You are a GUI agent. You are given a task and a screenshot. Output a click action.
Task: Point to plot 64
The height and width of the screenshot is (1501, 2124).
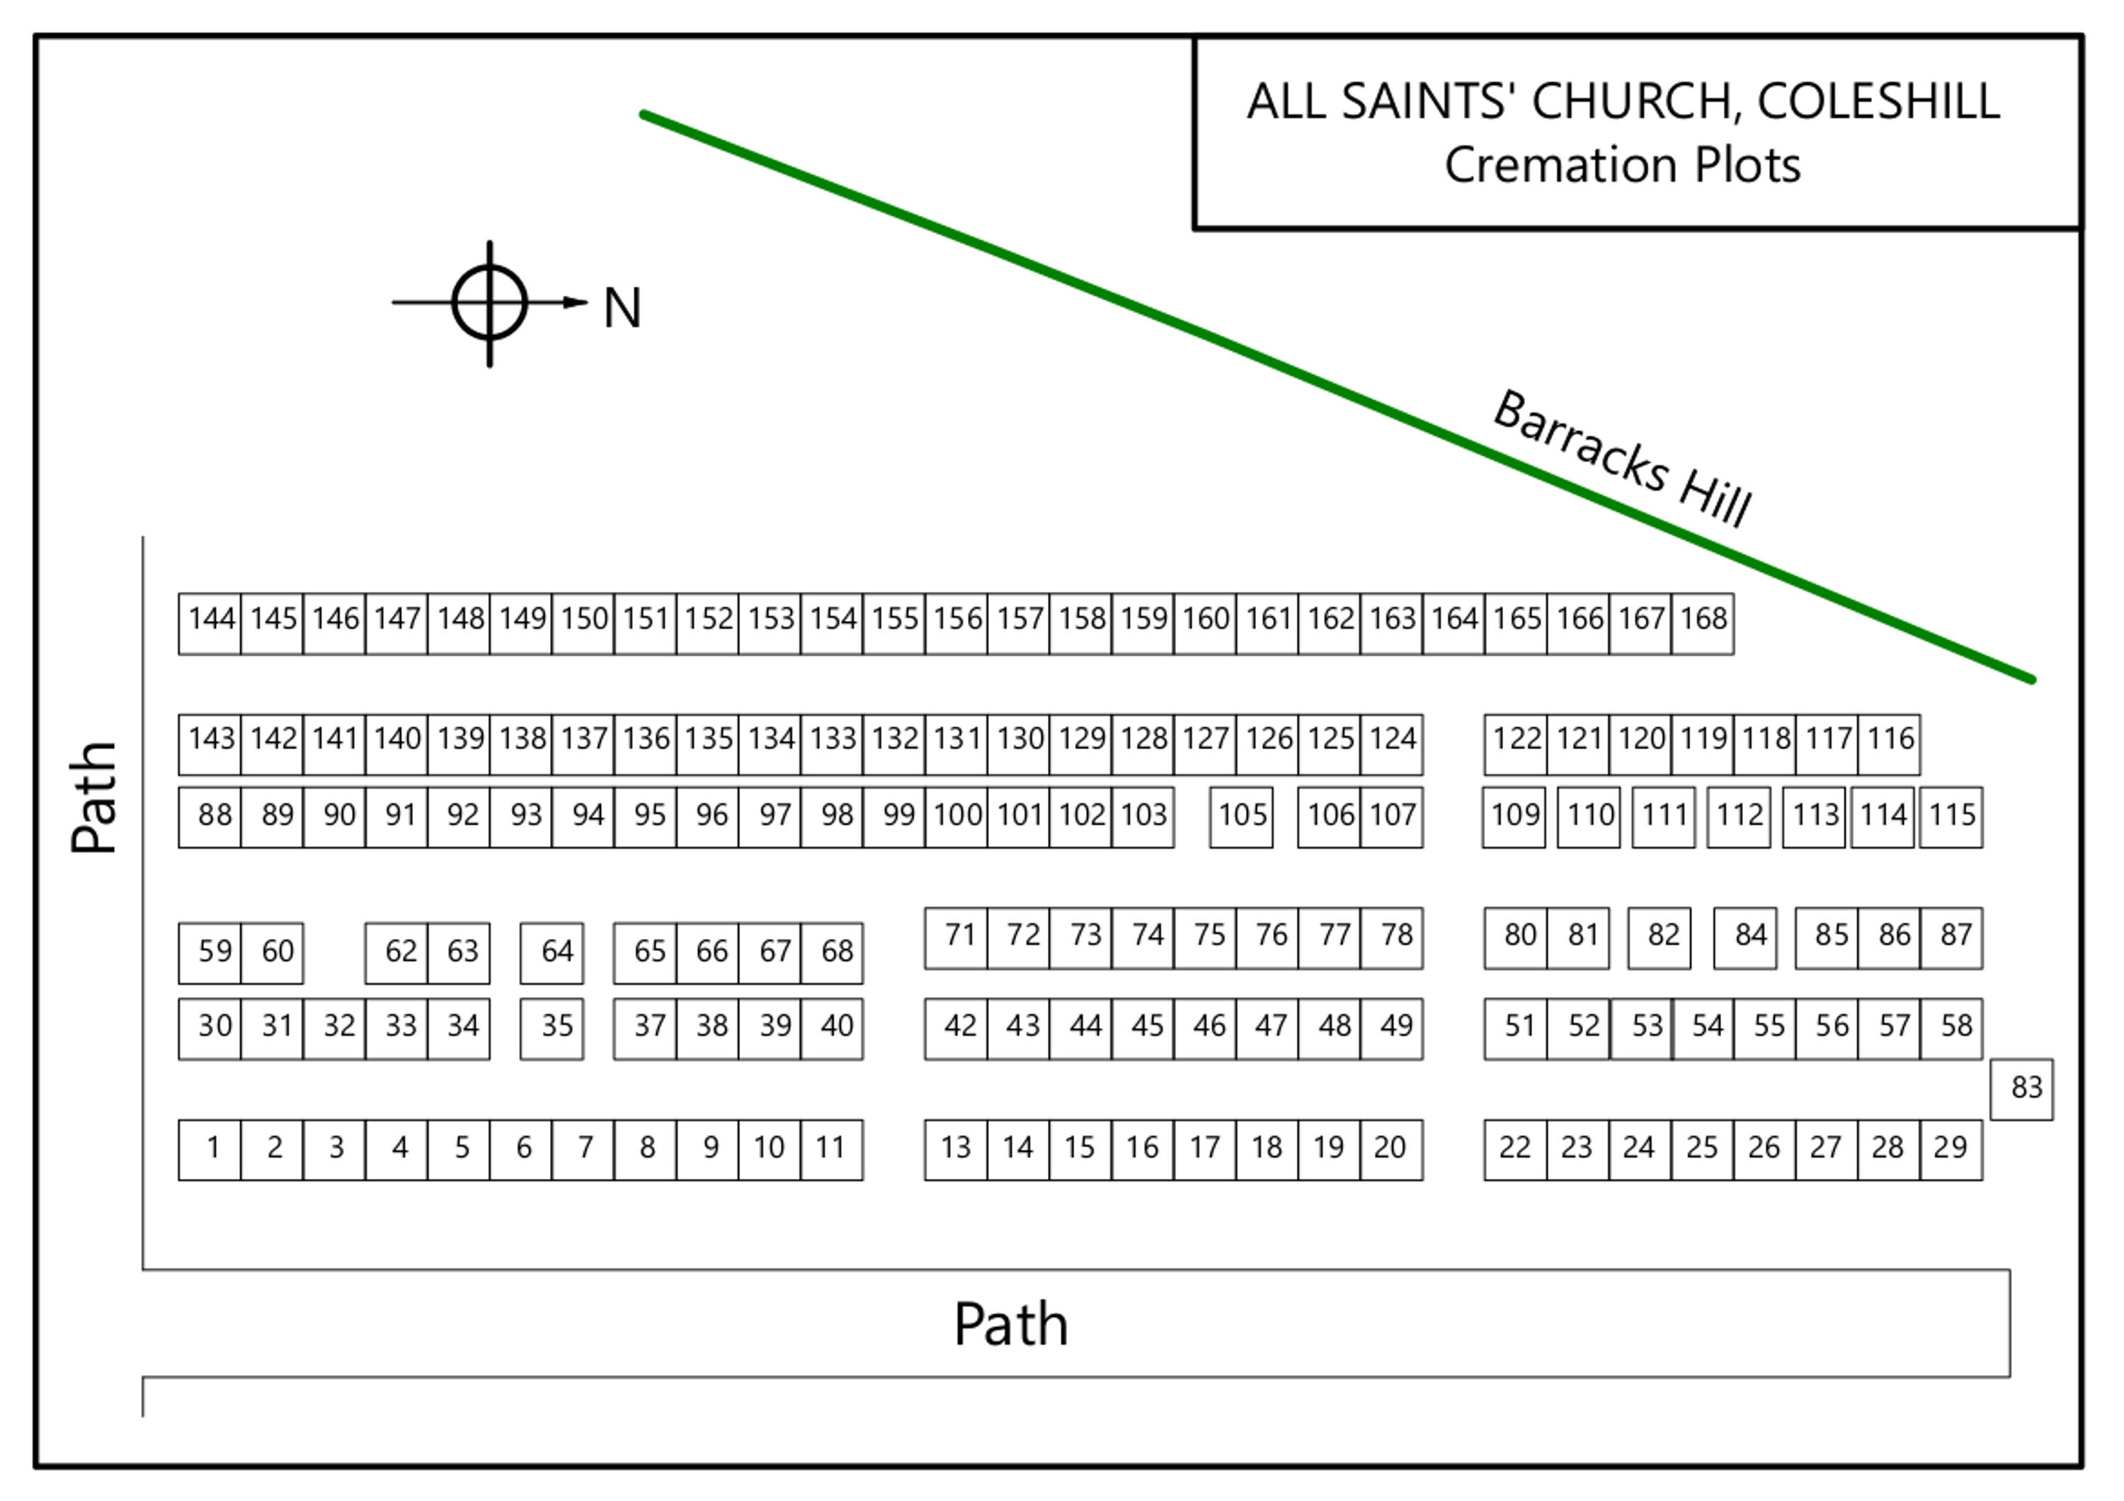pyautogui.click(x=552, y=952)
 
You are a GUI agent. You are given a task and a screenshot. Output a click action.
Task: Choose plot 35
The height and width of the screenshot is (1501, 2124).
pyautogui.click(x=552, y=1027)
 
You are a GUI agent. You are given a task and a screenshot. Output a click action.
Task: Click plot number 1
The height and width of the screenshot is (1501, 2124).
pyautogui.click(x=210, y=1150)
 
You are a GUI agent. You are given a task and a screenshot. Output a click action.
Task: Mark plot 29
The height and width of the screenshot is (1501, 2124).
pyautogui.click(x=1951, y=1150)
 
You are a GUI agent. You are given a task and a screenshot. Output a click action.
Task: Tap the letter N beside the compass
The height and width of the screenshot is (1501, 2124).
pyautogui.click(x=622, y=308)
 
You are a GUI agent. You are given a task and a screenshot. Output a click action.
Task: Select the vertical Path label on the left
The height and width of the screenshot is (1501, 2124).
pyautogui.click(x=94, y=797)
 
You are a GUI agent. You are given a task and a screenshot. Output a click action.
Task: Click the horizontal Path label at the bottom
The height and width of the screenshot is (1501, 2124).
pyautogui.click(x=1011, y=1325)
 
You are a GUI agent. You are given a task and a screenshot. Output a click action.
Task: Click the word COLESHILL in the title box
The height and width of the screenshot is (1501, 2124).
pyautogui.click(x=1878, y=102)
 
